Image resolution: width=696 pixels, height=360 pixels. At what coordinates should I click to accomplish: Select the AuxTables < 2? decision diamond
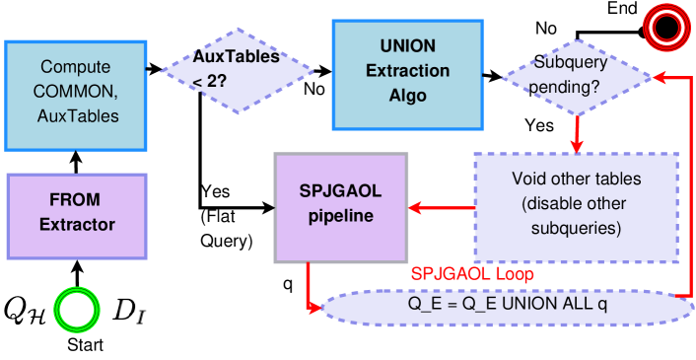click(x=237, y=70)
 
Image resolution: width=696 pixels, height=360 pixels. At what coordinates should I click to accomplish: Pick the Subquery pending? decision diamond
click(x=576, y=77)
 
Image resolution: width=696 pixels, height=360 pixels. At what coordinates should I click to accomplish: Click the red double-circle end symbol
click(x=663, y=29)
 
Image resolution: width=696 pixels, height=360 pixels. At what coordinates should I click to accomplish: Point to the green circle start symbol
click(x=78, y=311)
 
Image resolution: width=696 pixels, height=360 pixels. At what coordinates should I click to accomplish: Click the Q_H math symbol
click(x=25, y=311)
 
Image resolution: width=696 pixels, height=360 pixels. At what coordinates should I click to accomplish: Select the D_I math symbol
click(x=128, y=311)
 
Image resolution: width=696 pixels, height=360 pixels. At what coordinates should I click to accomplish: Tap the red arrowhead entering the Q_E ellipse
click(x=317, y=309)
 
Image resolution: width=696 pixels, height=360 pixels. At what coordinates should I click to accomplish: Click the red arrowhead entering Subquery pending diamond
click(x=658, y=77)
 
